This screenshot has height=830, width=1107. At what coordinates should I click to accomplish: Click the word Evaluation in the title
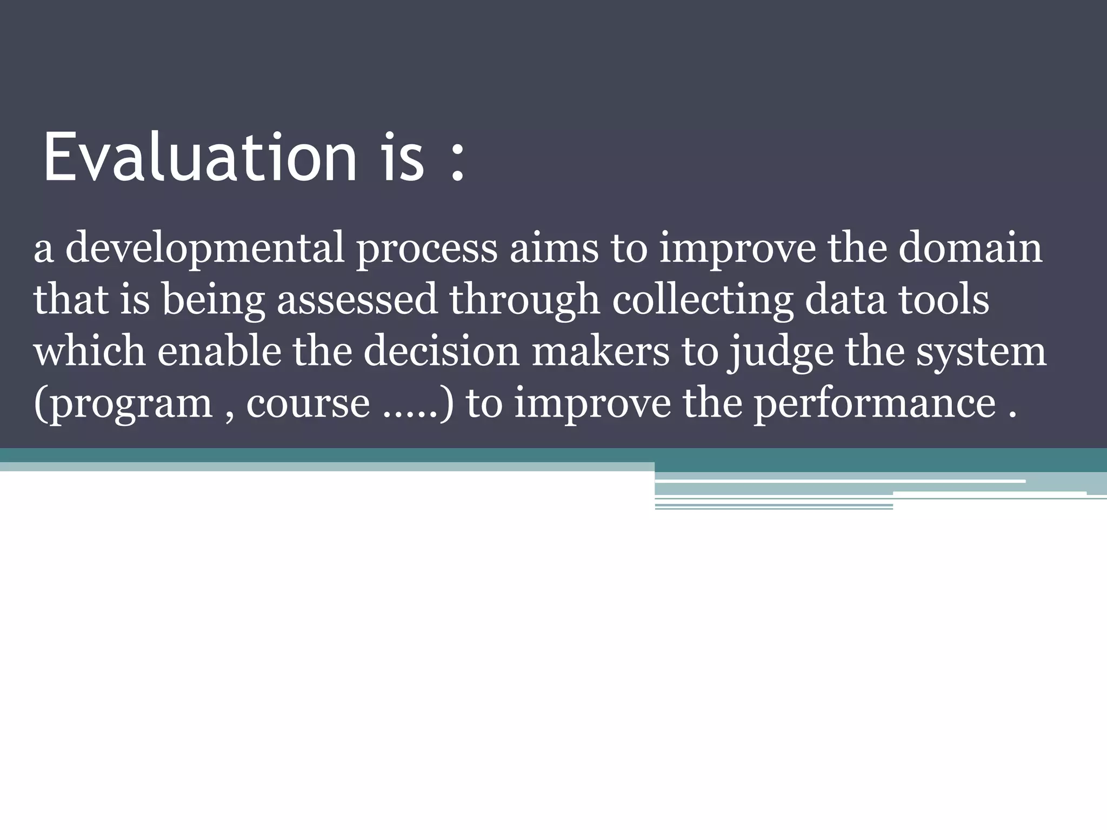[200, 157]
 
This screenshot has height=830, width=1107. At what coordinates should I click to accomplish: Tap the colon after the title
[457, 162]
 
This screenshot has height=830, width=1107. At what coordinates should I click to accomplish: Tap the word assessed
[357, 300]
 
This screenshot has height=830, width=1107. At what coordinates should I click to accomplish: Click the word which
[89, 351]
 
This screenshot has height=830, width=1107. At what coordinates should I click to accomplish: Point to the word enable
[219, 351]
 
